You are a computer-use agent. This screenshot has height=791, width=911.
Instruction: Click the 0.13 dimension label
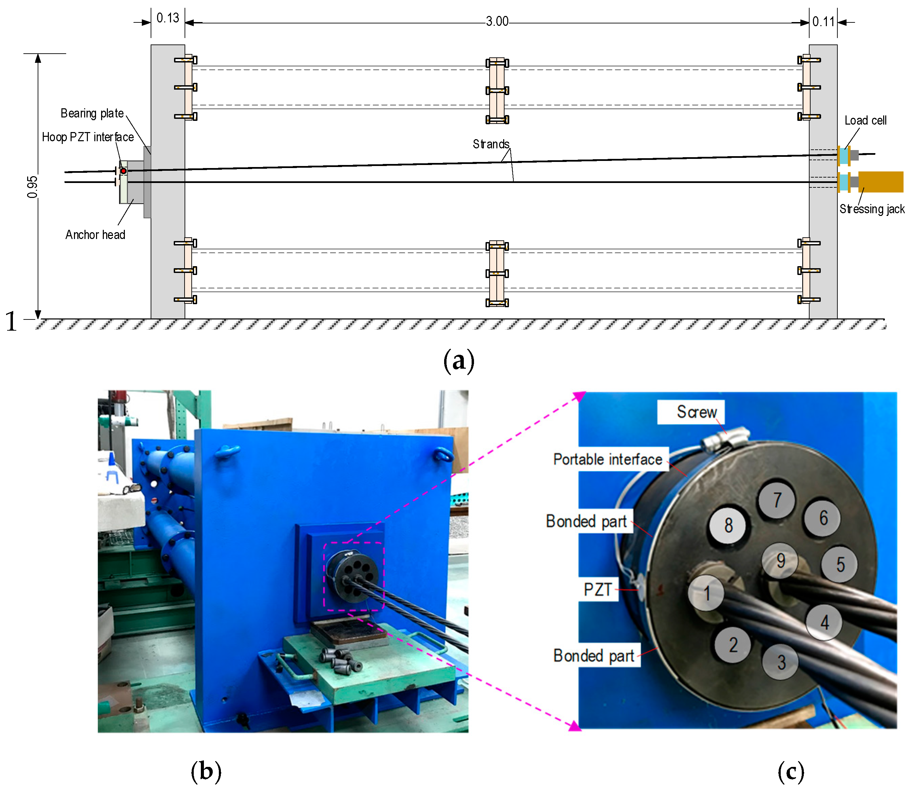click(x=168, y=18)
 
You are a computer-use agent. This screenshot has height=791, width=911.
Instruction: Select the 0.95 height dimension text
click(x=32, y=187)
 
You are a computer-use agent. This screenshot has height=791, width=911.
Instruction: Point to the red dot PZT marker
click(x=124, y=171)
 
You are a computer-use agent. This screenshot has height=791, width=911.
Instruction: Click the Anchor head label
click(x=95, y=235)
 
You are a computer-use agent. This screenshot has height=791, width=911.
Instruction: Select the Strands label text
click(x=491, y=144)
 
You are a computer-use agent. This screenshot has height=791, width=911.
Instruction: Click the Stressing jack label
click(x=871, y=209)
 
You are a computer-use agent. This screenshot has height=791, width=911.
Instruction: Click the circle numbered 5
click(x=839, y=565)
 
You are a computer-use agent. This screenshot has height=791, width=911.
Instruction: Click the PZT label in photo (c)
click(x=598, y=590)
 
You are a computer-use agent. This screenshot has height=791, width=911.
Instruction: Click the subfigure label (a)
click(x=458, y=361)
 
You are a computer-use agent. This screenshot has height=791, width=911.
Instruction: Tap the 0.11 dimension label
click(x=823, y=22)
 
